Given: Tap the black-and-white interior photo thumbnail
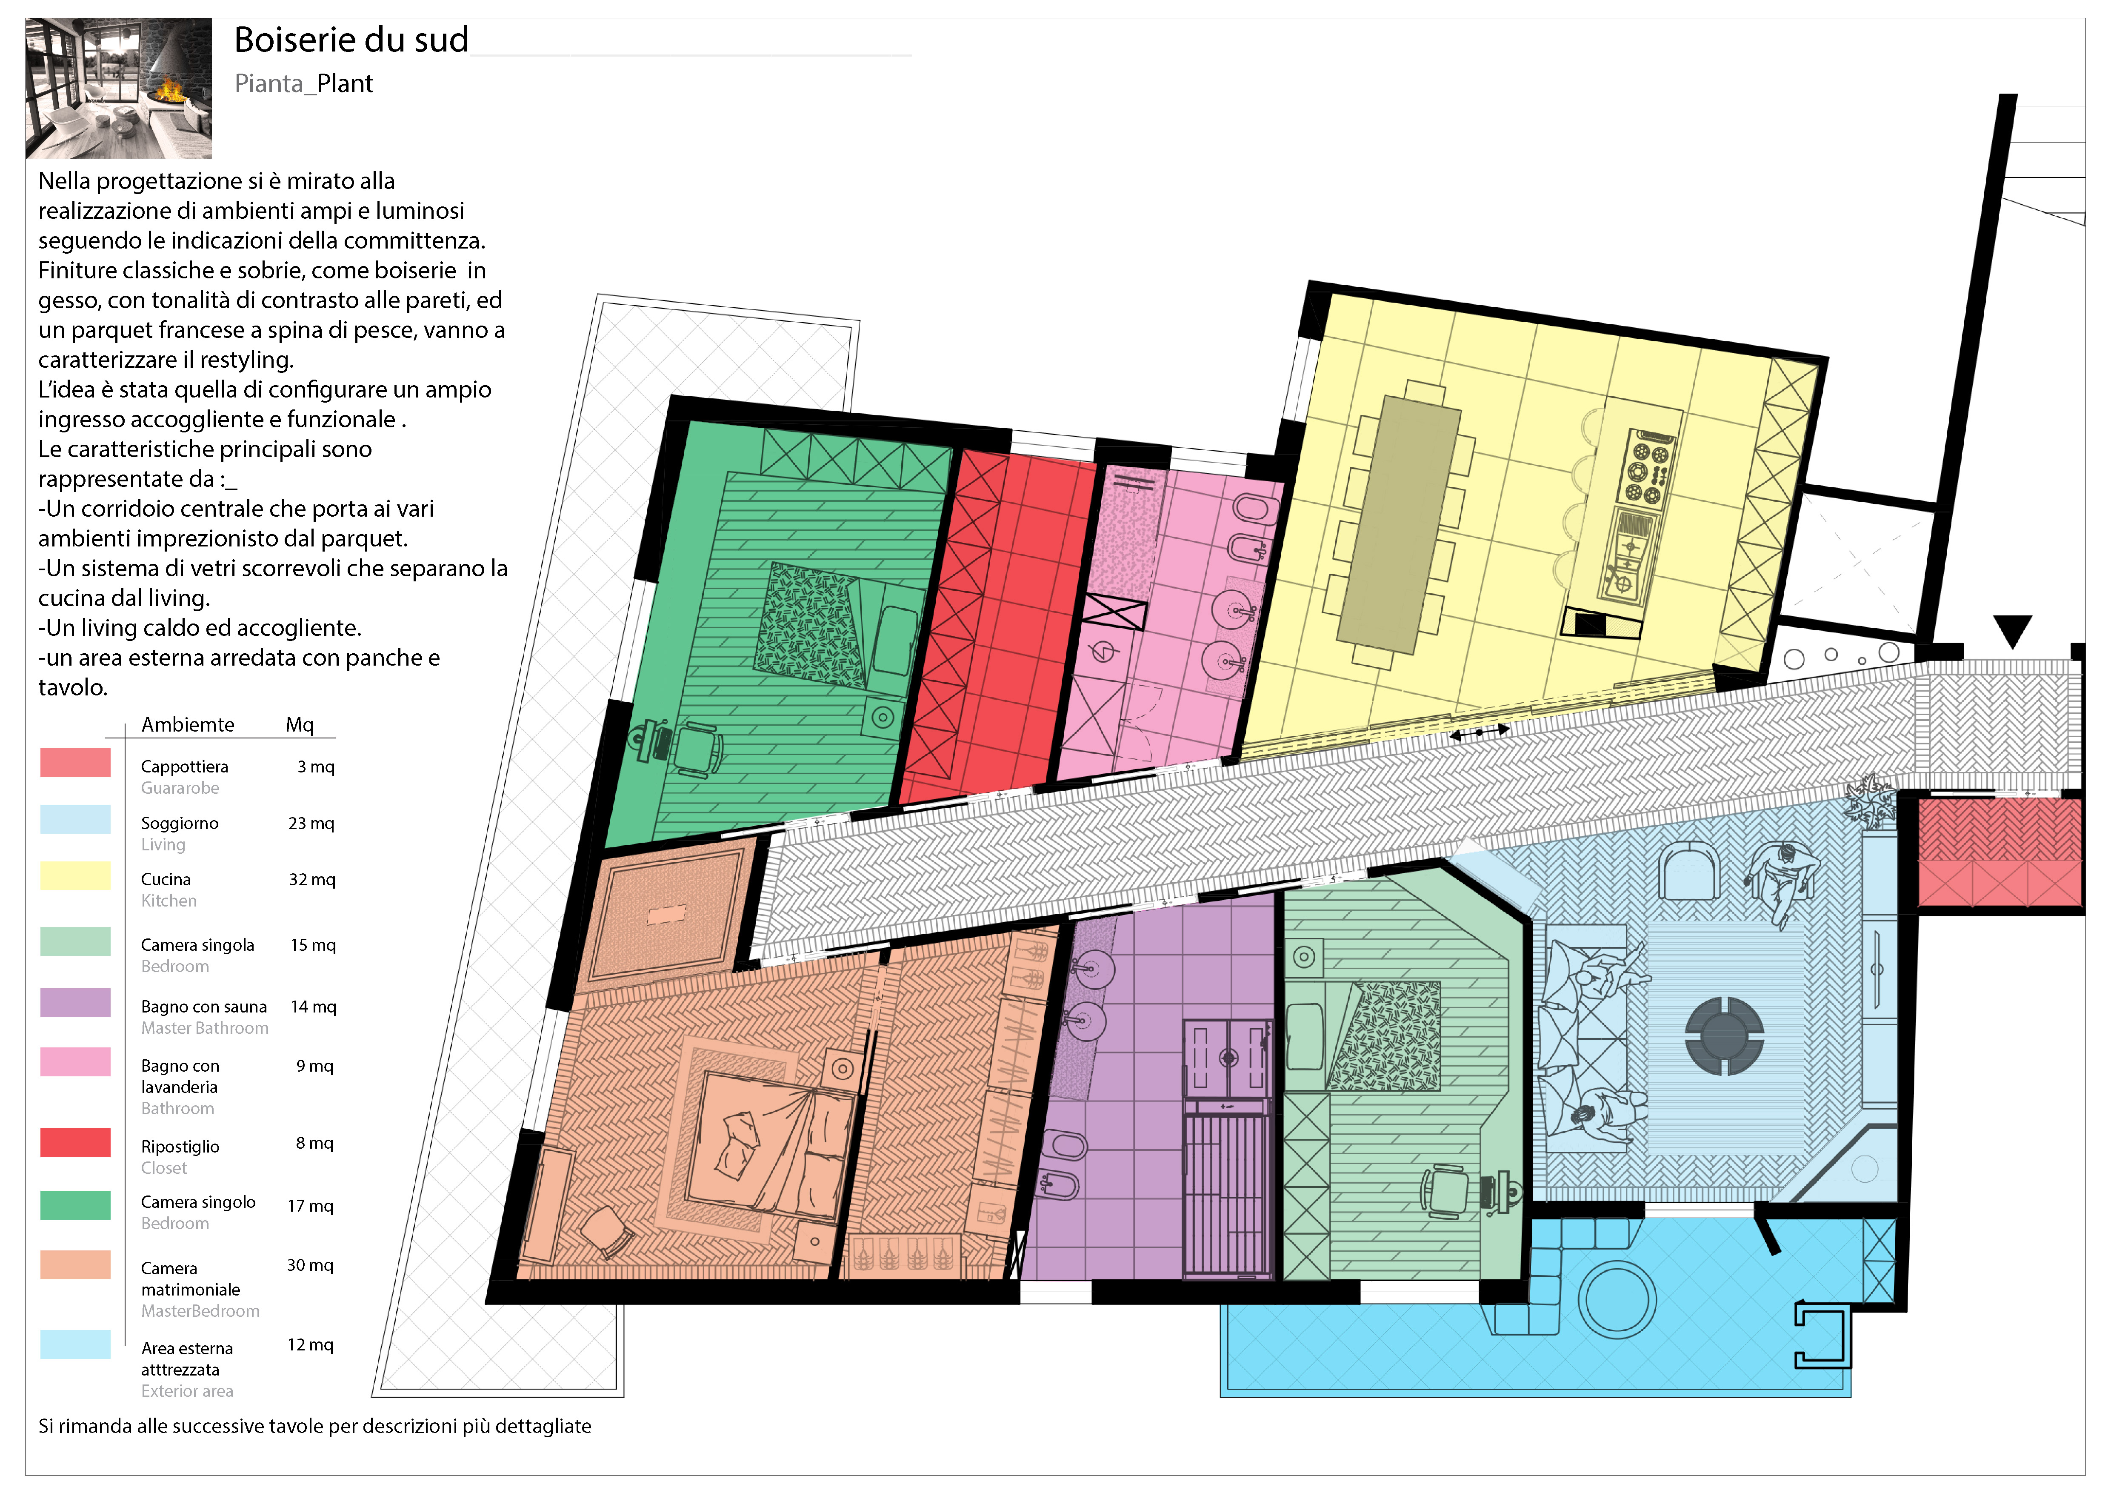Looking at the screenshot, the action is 119,88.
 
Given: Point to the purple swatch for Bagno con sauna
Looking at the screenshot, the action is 75,1002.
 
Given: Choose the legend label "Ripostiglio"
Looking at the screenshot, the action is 180,1147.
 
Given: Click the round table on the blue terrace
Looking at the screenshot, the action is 1617,1300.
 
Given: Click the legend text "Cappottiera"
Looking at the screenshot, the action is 185,767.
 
